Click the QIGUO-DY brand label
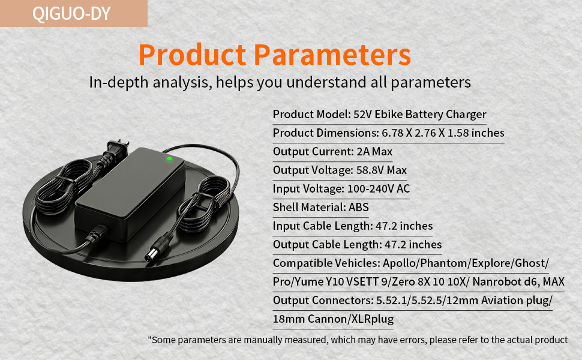pos(71,13)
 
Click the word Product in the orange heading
pos(192,55)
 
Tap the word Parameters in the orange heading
pos(332,55)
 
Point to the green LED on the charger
pos(169,158)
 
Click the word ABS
pos(359,207)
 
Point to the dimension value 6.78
pos(392,133)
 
